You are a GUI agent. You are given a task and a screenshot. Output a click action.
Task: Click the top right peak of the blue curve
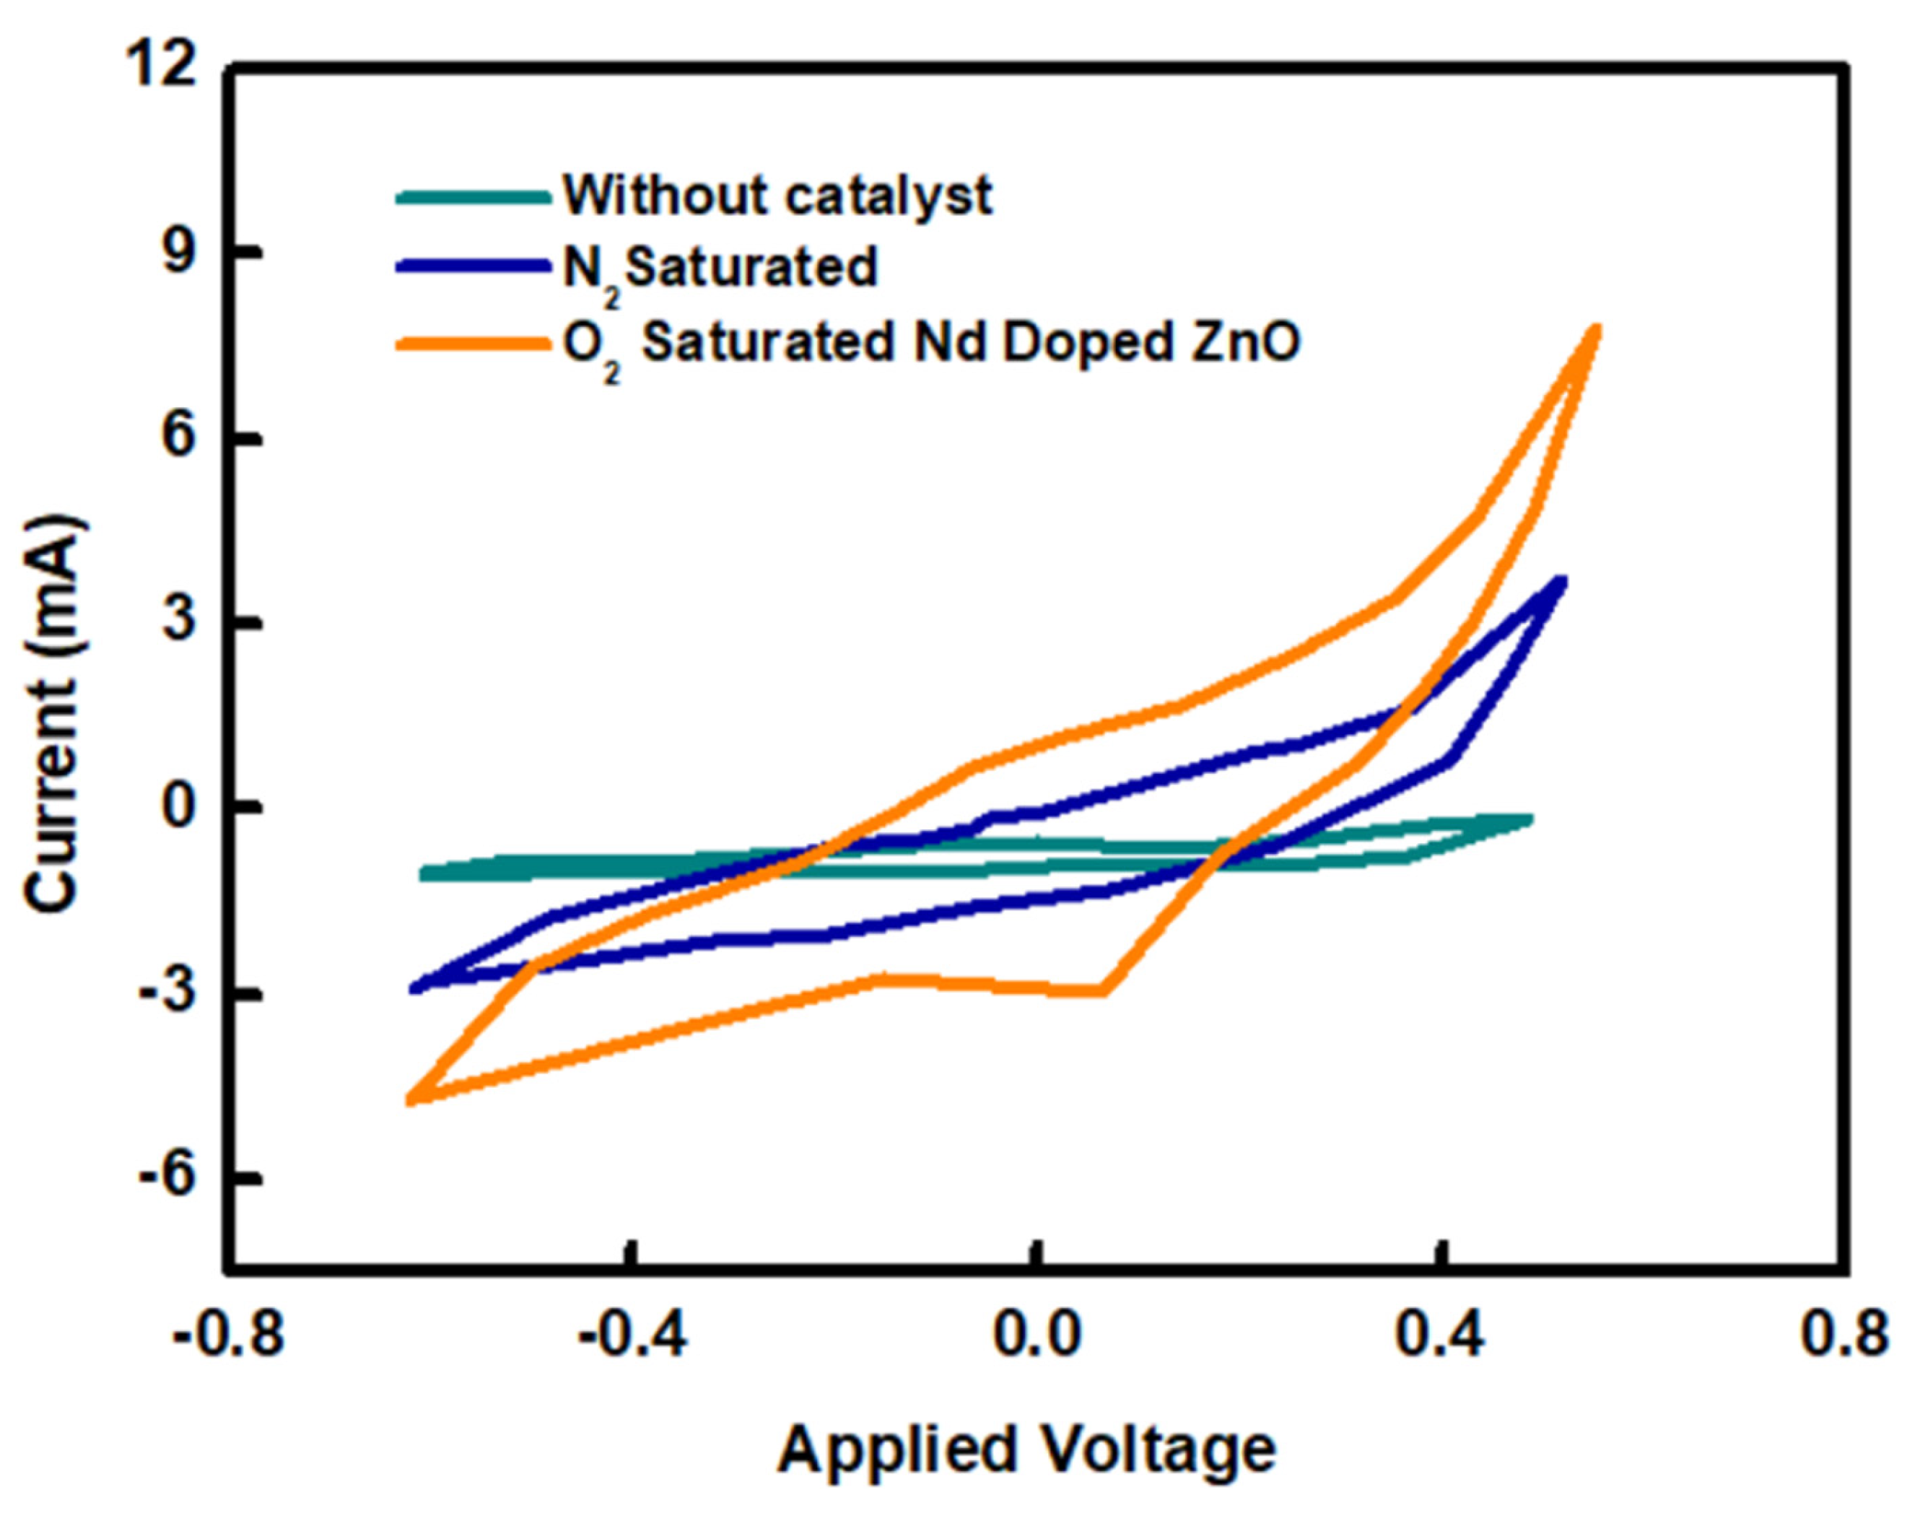1561,582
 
